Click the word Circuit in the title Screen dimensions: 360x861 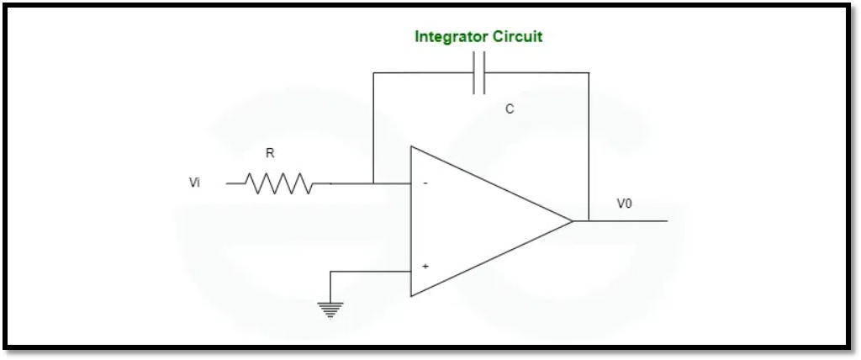(x=517, y=37)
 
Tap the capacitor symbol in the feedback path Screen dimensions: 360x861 (x=480, y=73)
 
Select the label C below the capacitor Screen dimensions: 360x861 (x=510, y=109)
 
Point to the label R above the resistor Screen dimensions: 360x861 (x=270, y=153)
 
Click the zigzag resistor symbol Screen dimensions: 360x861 (x=278, y=183)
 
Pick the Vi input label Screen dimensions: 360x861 (x=195, y=183)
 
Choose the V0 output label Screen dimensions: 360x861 (x=625, y=204)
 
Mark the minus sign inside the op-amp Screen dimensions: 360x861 (x=425, y=183)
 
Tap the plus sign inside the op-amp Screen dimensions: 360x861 (x=425, y=266)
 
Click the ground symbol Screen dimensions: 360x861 (x=331, y=310)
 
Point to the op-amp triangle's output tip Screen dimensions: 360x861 (x=573, y=221)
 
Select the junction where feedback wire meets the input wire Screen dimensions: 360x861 (x=372, y=183)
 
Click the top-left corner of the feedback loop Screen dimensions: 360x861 (x=372, y=73)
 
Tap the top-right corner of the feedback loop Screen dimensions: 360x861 (x=589, y=73)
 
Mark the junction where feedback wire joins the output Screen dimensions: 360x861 (x=589, y=221)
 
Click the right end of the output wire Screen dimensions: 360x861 (x=667, y=221)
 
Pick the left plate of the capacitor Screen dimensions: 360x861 (x=475, y=73)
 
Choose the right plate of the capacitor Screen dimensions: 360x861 (x=485, y=73)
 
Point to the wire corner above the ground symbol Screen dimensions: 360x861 (x=331, y=271)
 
